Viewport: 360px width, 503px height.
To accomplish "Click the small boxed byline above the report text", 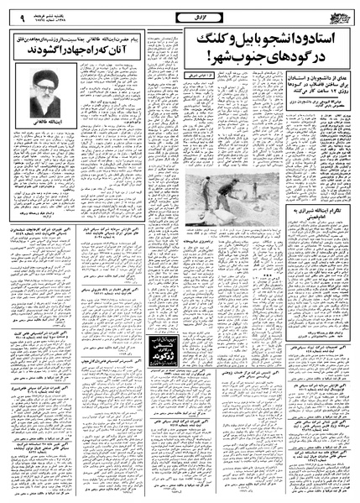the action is (201, 77).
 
